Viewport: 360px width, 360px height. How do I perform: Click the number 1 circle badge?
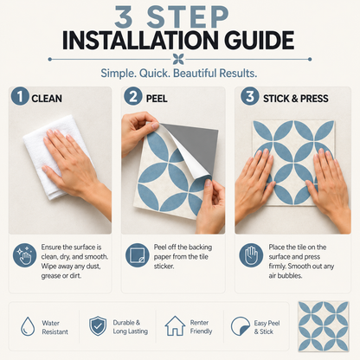click(20, 96)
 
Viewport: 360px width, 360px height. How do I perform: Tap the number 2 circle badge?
click(133, 96)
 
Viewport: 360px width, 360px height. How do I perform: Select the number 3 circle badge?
click(250, 96)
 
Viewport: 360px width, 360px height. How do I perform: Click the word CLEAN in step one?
click(47, 99)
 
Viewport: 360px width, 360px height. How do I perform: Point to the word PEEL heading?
click(157, 99)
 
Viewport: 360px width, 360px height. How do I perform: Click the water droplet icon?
click(28, 326)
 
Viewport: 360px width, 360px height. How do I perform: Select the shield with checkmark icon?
click(98, 326)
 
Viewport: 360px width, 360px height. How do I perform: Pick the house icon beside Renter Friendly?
click(175, 326)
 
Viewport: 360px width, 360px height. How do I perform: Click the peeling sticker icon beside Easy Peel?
click(241, 326)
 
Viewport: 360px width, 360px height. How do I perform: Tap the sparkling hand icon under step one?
click(25, 255)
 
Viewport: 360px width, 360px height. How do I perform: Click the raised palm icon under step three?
click(251, 255)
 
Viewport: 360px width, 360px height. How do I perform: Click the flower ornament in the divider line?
click(178, 59)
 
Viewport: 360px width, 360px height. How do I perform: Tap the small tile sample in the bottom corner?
click(324, 326)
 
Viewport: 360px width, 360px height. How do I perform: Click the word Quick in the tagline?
click(155, 74)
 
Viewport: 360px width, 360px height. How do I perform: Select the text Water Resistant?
click(55, 327)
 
